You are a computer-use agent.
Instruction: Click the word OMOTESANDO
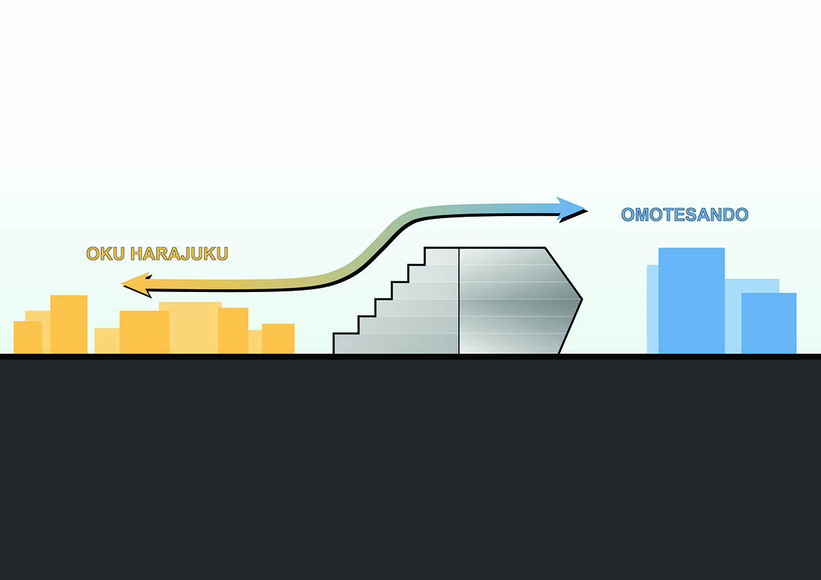685,214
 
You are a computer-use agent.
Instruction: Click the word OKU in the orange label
105,254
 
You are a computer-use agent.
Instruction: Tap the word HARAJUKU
179,254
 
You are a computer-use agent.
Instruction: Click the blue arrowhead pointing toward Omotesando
572,209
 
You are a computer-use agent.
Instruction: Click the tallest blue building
691,300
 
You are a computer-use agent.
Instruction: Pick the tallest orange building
69,324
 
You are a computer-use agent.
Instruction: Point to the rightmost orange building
278,339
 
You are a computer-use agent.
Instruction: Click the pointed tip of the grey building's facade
582,300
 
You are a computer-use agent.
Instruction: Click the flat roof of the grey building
485,248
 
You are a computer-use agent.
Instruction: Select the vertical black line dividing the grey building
459,301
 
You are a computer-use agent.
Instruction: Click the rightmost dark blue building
768,323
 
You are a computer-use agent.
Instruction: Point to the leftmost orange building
28,337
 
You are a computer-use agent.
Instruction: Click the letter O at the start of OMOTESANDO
628,215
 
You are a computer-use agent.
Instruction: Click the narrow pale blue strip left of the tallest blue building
653,309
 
